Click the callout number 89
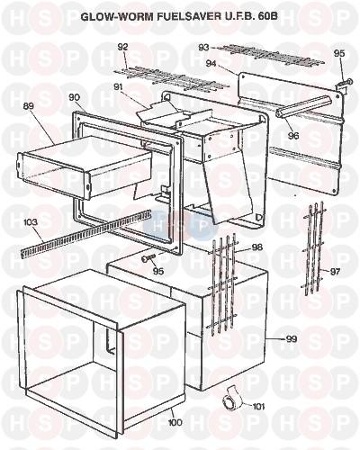[29, 106]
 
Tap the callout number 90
[74, 97]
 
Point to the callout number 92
[122, 47]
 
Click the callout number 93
[203, 48]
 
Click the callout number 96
[293, 136]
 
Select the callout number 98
[257, 247]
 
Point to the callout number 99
[292, 339]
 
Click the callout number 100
[175, 422]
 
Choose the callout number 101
[258, 407]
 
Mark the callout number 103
[31, 222]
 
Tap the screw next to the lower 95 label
[149, 257]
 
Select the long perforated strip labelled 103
[86, 234]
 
